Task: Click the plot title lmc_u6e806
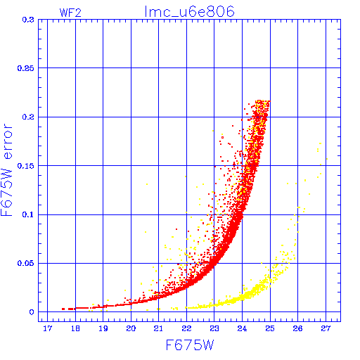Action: point(189,12)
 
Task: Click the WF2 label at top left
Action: point(70,13)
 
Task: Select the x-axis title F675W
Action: point(190,345)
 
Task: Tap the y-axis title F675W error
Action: point(6,170)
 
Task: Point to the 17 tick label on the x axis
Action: point(47,328)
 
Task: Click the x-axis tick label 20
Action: point(131,328)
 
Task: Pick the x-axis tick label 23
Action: point(214,328)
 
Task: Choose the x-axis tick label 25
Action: point(270,328)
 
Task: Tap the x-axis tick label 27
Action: point(326,328)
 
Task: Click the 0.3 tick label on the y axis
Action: point(28,20)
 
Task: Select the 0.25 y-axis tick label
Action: point(26,68)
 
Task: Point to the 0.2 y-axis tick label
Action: point(28,117)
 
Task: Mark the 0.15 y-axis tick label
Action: point(26,166)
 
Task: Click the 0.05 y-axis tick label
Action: point(26,263)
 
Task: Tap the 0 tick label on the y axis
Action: point(32,312)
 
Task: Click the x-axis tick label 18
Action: point(75,328)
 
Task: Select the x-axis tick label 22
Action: point(186,328)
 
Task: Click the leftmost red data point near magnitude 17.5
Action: point(63,309)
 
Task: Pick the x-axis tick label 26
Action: point(297,328)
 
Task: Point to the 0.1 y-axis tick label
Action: point(28,214)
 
